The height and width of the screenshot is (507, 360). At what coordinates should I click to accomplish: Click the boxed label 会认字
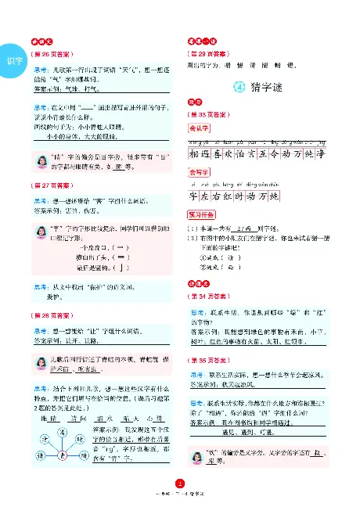(x=200, y=127)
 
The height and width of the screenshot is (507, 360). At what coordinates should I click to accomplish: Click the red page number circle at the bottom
(x=180, y=484)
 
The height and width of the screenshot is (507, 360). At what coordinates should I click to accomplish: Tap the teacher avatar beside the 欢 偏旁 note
(x=199, y=458)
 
